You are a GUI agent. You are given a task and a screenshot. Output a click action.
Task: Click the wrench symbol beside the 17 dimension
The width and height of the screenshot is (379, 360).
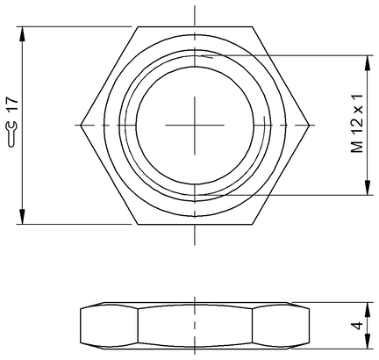(11, 134)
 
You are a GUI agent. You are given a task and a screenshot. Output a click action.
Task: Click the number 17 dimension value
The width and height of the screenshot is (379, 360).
(12, 104)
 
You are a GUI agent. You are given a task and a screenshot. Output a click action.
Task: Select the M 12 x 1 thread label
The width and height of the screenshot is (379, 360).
(357, 123)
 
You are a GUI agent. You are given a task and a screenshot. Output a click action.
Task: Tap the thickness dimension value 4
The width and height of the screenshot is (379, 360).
(357, 325)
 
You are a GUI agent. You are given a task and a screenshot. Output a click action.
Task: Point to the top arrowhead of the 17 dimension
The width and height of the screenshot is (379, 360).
(22, 33)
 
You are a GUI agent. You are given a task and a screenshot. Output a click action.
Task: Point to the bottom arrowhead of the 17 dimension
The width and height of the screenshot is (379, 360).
(22, 218)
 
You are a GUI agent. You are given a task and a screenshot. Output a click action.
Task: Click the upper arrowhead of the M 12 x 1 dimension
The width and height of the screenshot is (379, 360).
(368, 62)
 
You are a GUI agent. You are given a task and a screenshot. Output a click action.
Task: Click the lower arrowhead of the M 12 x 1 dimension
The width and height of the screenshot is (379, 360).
(368, 188)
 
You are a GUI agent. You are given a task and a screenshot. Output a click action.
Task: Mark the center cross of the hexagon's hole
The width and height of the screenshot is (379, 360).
(195, 126)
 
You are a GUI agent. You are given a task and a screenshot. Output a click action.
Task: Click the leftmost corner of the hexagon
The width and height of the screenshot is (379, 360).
(81, 126)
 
